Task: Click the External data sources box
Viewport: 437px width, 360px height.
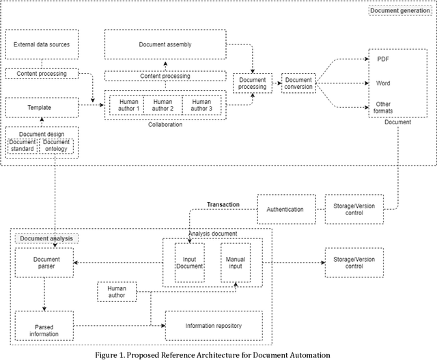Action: [42, 45]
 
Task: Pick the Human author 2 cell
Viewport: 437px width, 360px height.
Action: [163, 105]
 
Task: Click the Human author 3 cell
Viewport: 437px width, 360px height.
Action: [201, 105]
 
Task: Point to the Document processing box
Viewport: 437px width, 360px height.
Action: [252, 83]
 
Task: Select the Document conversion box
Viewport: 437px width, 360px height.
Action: [298, 83]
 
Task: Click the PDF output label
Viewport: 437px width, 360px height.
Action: [383, 59]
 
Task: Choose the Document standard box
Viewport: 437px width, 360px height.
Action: [24, 145]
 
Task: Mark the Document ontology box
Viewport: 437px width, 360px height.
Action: [57, 145]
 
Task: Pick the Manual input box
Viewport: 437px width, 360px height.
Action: [235, 263]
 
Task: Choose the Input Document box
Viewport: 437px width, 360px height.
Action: [188, 263]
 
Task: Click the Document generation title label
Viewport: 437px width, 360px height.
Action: [399, 11]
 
